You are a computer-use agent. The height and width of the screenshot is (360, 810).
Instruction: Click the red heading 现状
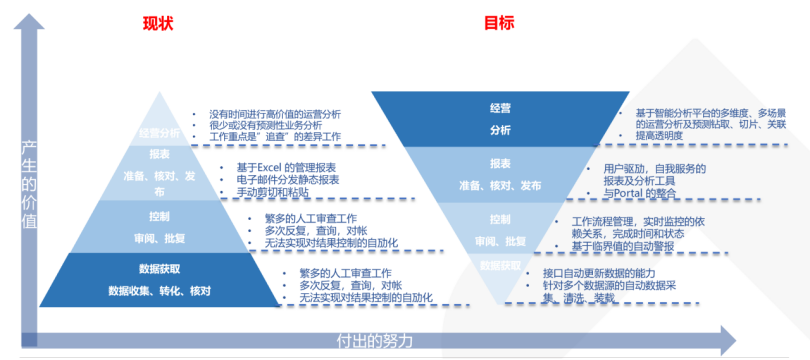pos(157,23)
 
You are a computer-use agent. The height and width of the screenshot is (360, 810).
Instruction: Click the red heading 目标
pos(500,23)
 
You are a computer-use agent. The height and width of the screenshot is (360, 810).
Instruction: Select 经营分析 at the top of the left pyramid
pos(160,133)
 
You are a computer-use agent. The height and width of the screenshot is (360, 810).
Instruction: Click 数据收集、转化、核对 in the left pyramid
pos(160,290)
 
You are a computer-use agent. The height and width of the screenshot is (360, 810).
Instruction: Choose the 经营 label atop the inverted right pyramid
pos(500,107)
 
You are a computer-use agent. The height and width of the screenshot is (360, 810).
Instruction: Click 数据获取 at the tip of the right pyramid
pos(500,266)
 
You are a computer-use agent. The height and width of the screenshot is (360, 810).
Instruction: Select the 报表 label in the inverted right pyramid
pos(500,164)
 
